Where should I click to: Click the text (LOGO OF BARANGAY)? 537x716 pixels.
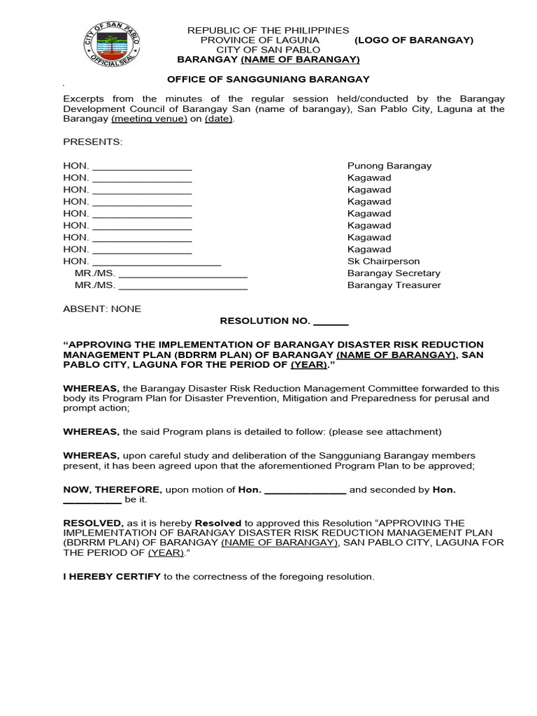413,40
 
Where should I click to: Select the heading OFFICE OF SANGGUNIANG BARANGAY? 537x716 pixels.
268,80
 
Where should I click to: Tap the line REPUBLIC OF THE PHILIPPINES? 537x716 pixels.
268,30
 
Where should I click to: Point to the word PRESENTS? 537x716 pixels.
92,142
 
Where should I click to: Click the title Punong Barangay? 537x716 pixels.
389,166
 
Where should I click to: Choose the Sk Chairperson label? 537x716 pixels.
384,261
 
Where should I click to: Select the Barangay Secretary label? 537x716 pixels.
394,273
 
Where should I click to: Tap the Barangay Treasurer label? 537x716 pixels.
394,285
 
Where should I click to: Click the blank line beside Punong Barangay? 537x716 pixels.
142,168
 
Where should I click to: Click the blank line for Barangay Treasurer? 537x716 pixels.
183,287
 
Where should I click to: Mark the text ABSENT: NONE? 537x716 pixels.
102,308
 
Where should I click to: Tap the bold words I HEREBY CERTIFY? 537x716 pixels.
112,577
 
